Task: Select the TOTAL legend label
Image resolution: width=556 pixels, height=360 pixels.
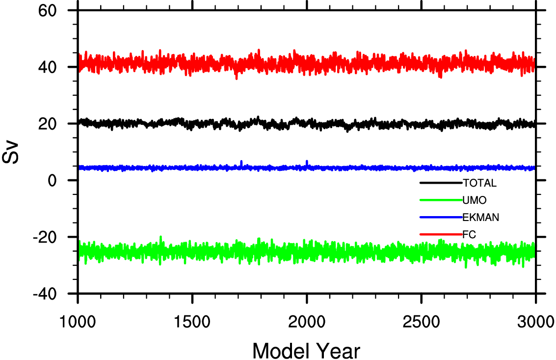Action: point(480,184)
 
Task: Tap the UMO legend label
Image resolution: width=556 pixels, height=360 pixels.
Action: point(474,200)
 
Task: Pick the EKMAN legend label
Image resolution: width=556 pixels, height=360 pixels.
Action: point(481,217)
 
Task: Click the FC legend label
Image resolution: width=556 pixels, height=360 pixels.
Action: point(469,234)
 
